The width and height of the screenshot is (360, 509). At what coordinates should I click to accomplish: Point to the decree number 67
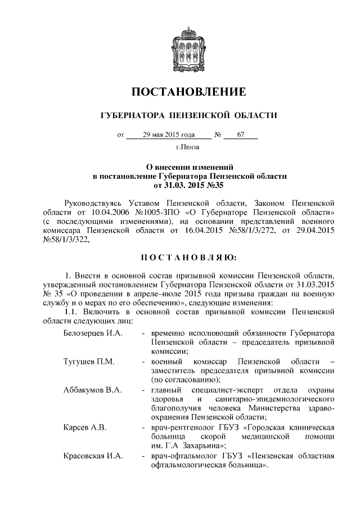[240, 135]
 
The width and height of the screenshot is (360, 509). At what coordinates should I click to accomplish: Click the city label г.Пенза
[188, 148]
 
